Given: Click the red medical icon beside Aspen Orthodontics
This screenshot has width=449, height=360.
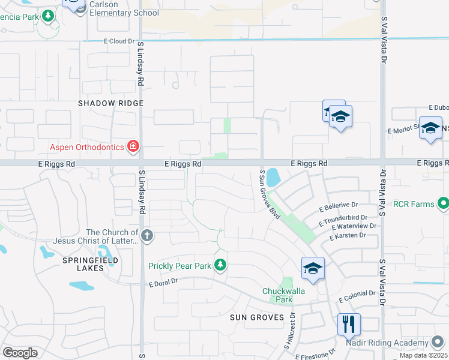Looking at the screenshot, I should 133,146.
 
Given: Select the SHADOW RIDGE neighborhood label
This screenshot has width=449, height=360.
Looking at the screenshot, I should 111,103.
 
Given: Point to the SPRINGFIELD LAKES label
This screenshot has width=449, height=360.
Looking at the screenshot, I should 90,264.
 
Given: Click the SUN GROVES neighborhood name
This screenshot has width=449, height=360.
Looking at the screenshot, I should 257,317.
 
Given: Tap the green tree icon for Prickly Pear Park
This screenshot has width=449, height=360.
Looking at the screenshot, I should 220,265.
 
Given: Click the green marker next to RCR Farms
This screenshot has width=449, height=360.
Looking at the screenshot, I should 443,203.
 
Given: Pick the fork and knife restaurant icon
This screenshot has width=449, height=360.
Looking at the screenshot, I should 349,324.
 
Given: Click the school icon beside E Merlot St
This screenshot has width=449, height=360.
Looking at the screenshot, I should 430,128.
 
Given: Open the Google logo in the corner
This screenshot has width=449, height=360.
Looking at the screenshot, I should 20,353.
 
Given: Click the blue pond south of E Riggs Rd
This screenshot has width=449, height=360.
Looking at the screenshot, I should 273,178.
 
